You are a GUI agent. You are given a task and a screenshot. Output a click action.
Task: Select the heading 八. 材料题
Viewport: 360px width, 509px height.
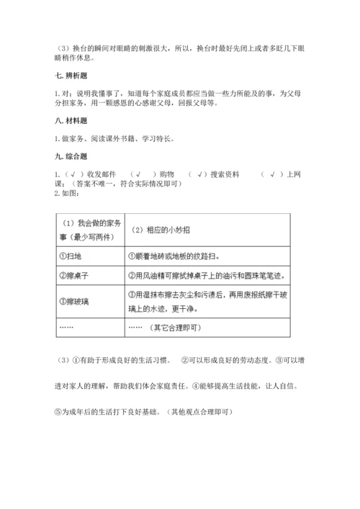tap(70, 123)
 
